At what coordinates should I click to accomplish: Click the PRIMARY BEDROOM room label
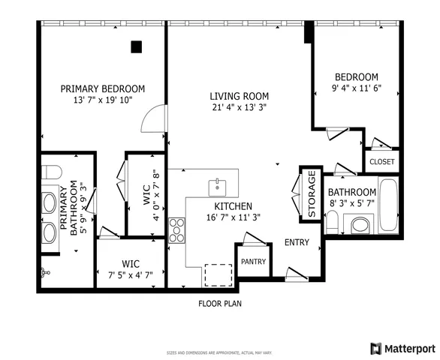pos(102,88)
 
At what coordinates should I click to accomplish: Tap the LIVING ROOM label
pos(239,96)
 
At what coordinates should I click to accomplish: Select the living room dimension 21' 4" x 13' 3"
pos(239,107)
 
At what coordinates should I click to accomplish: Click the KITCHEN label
pos(233,206)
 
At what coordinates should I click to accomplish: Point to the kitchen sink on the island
pos(217,184)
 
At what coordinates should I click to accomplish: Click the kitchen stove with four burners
pos(177,229)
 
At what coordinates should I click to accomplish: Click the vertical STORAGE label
pos(311,194)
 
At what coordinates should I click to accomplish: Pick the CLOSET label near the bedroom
pos(381,161)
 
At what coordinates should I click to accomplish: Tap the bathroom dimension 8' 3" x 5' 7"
pos(351,203)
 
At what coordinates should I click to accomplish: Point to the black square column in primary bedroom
pos(136,46)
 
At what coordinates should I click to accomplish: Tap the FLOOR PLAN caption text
pos(219,304)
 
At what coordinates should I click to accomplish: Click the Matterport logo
pos(402,348)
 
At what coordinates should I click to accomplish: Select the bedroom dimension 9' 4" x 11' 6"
pos(356,88)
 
